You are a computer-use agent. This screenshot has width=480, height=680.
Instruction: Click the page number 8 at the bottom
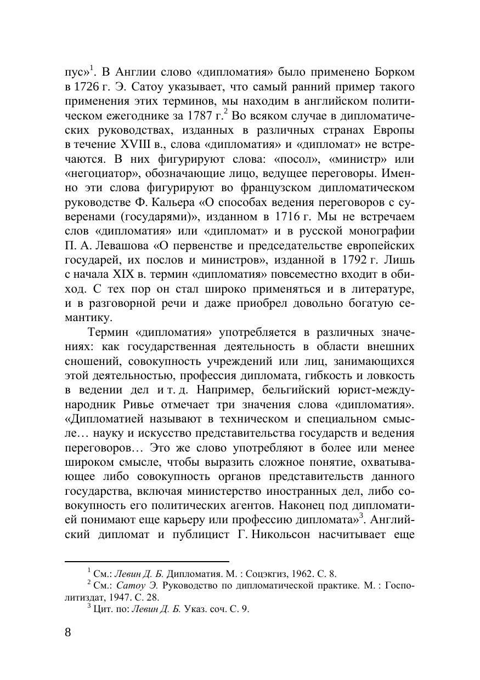pyautogui.click(x=68, y=632)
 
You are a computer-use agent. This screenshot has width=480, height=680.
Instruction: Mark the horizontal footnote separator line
pyautogui.click(x=146, y=561)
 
